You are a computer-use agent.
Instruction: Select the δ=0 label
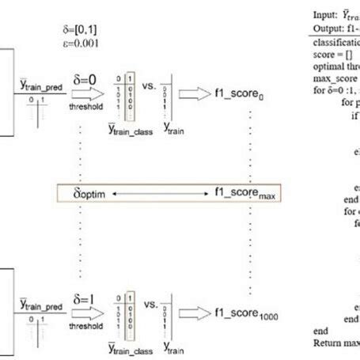pos(86,79)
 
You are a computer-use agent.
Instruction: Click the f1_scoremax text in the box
pos(247,192)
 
